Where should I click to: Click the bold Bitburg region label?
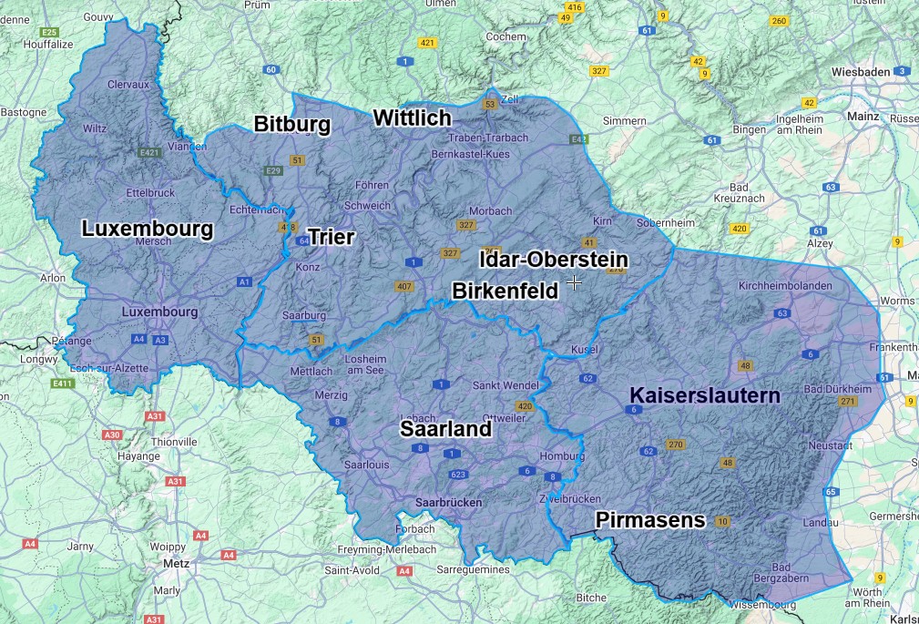(291, 124)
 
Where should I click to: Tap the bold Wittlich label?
(412, 118)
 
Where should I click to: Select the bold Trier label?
(331, 238)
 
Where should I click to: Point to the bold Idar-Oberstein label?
(554, 260)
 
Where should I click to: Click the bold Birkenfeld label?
(505, 290)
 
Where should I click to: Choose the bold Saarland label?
(446, 429)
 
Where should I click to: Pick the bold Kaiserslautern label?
(705, 396)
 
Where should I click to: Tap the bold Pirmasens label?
(650, 520)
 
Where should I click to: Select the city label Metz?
(175, 563)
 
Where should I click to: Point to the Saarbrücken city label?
(448, 502)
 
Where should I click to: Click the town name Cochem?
(506, 36)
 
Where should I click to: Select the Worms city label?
(899, 301)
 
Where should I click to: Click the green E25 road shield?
(49, 32)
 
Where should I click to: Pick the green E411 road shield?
(62, 384)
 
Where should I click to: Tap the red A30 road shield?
(112, 435)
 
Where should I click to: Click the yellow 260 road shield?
(779, 21)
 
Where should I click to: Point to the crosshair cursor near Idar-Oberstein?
(575, 283)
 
